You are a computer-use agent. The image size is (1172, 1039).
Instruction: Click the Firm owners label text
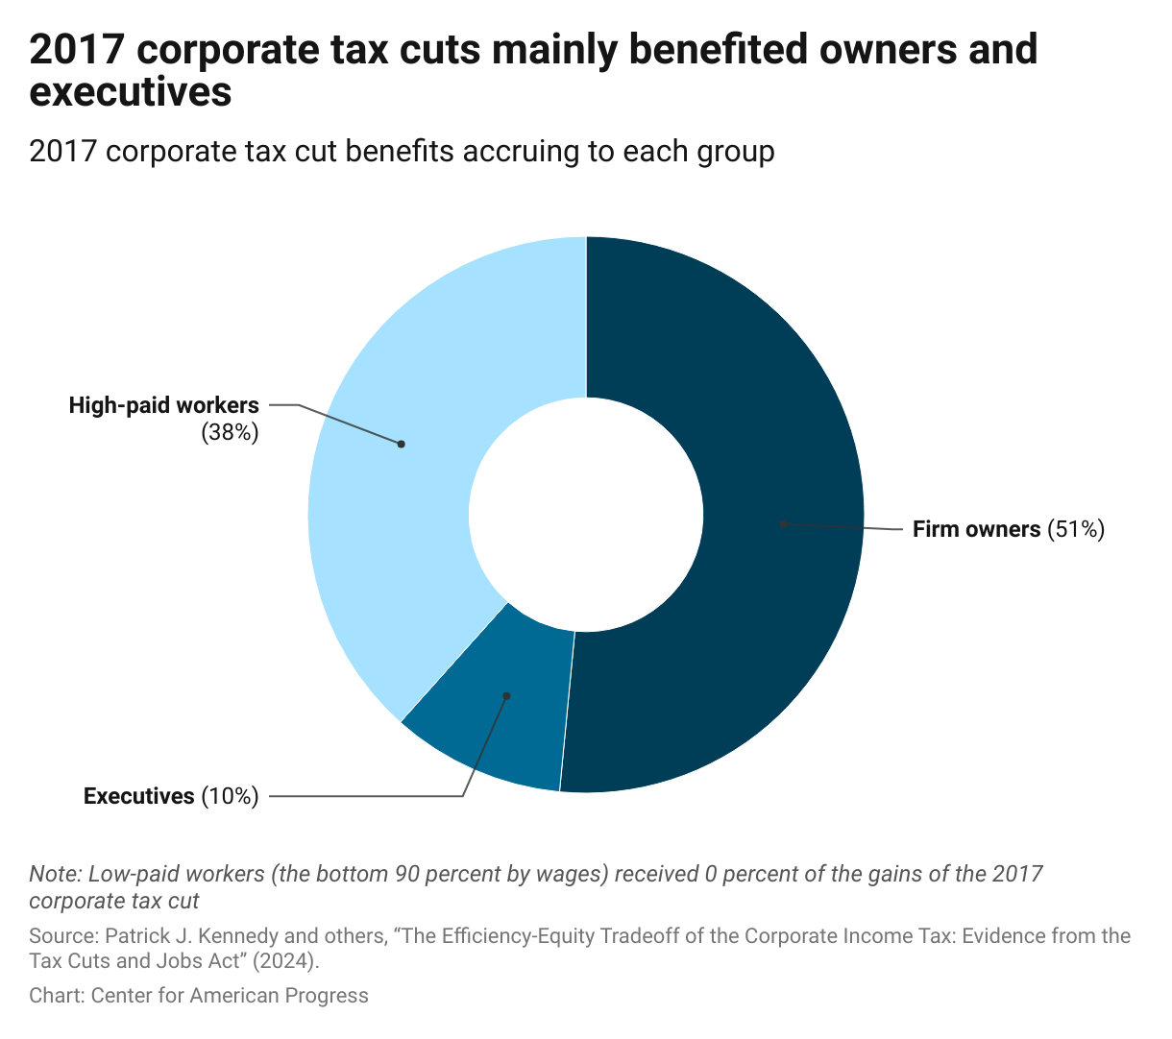coord(976,529)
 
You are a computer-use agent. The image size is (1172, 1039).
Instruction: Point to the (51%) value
coord(1076,529)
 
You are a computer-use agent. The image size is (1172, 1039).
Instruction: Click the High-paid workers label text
coord(163,405)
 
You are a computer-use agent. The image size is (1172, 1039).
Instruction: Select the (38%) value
coord(230,433)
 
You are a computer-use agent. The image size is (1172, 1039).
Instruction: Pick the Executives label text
coord(138,796)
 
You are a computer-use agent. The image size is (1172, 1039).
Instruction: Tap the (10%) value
coord(230,796)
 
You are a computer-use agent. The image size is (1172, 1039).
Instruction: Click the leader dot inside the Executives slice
coord(507,696)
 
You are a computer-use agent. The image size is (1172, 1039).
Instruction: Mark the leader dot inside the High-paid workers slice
coord(402,444)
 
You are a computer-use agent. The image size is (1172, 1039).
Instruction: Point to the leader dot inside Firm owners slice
coord(784,523)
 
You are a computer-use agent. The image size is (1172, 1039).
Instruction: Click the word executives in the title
coord(131,93)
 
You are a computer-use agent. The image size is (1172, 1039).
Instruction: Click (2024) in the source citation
coord(283,961)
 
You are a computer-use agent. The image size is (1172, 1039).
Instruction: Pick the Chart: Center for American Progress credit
coord(199,996)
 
